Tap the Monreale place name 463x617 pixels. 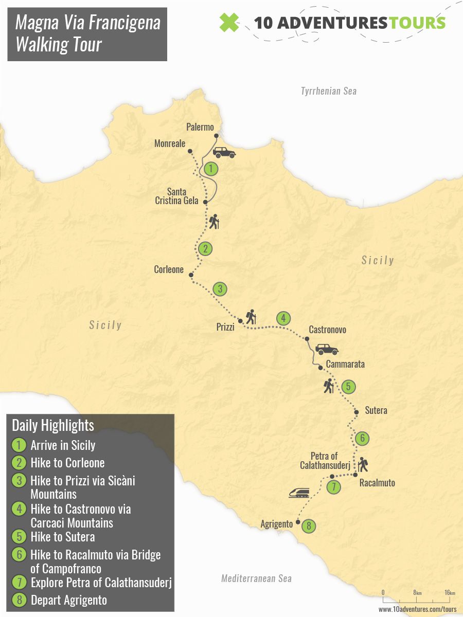pos(170,144)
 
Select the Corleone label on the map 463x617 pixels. pos(169,269)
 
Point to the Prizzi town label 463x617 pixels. pos(225,327)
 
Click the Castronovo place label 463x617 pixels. pos(327,330)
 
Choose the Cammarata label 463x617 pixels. pos(345,364)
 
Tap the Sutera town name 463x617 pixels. pos(376,410)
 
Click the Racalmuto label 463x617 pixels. pos(377,483)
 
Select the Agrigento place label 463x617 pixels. pos(277,524)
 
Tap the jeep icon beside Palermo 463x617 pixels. pos(224,152)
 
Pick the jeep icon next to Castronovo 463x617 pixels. pos(327,349)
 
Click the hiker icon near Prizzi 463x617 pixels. pos(251,316)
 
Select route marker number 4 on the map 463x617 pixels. pos(282,318)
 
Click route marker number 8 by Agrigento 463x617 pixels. pos(309,526)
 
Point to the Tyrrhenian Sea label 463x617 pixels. pos(328,91)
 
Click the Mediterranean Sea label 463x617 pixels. pos(256,578)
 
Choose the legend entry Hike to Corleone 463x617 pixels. pos(67,463)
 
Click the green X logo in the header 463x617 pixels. pos(229,22)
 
